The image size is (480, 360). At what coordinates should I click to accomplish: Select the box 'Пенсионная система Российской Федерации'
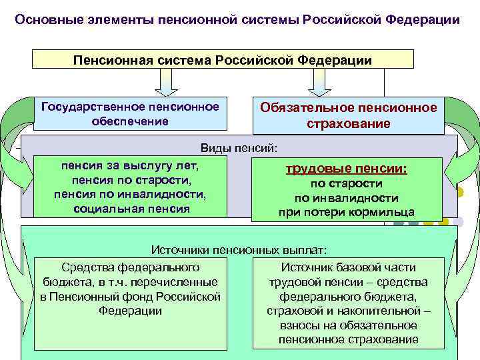pos(223,60)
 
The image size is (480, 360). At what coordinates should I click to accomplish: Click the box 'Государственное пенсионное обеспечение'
pos(130,113)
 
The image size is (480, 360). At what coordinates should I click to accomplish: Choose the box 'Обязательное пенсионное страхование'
pos(349,115)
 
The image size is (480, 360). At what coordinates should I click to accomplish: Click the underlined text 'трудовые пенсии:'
pos(346,169)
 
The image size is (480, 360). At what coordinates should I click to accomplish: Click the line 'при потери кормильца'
pos(346,213)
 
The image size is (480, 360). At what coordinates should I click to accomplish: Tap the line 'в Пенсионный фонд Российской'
pos(130,297)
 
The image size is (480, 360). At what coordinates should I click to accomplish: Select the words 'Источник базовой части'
pos(349,267)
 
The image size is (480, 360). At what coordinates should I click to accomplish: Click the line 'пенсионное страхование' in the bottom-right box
pos(349,340)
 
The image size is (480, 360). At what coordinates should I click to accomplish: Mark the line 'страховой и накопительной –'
pos(349,311)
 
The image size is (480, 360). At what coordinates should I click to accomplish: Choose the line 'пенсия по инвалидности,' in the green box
pos(130,194)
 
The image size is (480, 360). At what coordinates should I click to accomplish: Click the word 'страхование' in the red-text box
pos(349,124)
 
